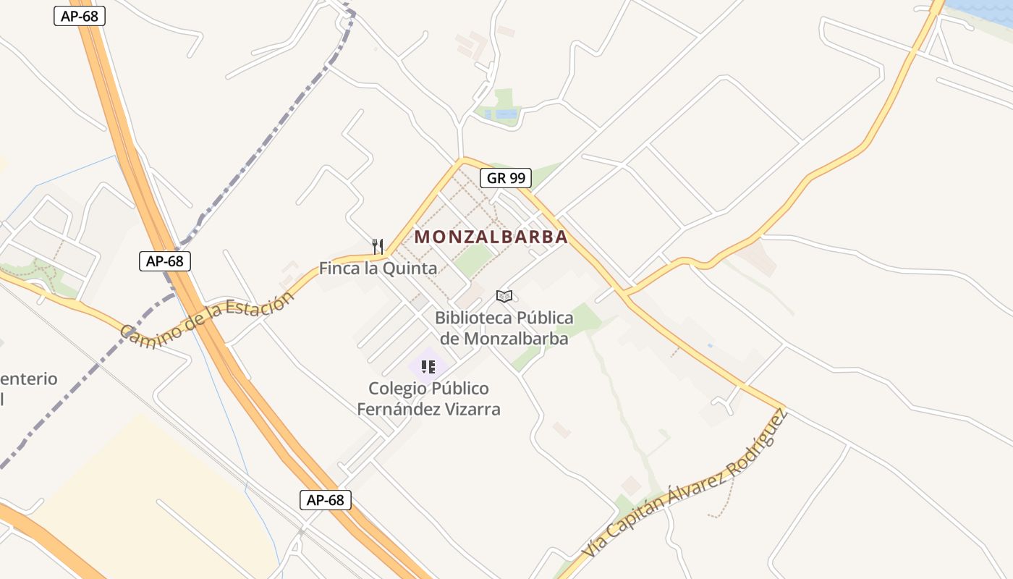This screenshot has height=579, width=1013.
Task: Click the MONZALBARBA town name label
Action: point(491,237)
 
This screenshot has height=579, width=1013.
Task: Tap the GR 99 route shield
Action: point(506,178)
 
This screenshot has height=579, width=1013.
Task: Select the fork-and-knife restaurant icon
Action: point(377,246)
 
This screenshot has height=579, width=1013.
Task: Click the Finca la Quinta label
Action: point(378,269)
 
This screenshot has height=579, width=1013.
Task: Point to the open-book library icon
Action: point(504,296)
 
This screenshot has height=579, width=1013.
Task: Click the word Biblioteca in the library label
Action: point(473,318)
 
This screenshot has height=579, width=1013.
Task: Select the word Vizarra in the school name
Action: point(472,409)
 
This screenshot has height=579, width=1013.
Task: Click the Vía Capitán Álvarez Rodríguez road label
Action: point(684,485)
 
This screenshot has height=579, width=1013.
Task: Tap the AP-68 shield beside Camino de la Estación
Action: point(165,261)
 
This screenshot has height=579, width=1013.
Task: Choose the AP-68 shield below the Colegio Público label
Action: point(326,499)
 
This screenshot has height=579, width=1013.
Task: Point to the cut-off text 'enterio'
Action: point(29,379)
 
